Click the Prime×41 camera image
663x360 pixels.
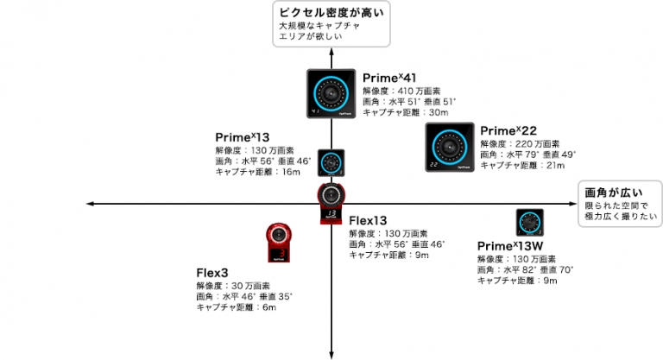(331, 94)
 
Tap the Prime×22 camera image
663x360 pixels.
(449, 147)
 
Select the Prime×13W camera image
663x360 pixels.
(529, 223)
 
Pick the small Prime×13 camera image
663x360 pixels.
(331, 162)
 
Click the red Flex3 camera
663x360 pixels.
(278, 241)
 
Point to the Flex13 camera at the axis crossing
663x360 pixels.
(331, 205)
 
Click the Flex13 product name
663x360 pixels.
(368, 221)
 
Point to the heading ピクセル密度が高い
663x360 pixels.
(329, 13)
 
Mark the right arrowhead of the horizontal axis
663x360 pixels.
(573, 203)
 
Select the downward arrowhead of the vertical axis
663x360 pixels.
(331, 353)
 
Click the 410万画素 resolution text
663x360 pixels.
(398, 91)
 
